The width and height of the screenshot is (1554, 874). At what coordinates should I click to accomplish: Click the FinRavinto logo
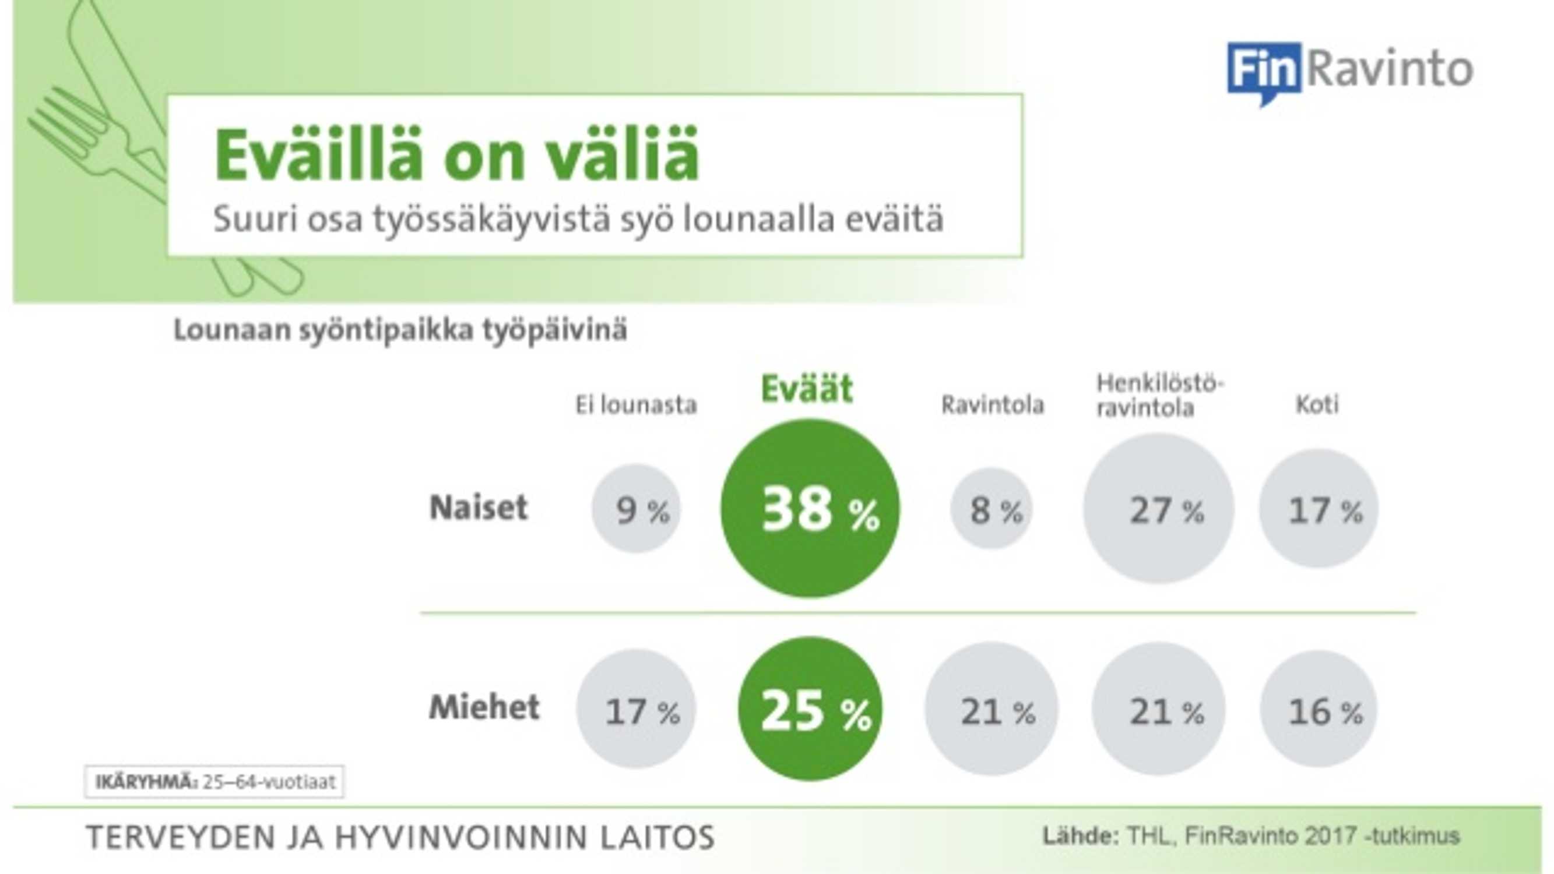click(x=1350, y=73)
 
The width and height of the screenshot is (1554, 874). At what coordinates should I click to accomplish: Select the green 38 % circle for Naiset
click(x=810, y=509)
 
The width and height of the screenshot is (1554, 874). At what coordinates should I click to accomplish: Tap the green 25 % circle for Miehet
click(x=810, y=709)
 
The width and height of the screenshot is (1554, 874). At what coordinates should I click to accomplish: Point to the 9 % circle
click(x=636, y=509)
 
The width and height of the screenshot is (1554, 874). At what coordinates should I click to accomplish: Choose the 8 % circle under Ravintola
click(x=992, y=509)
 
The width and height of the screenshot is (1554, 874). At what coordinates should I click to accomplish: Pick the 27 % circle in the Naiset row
click(x=1158, y=509)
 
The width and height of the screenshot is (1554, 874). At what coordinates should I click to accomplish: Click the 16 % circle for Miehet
click(x=1319, y=709)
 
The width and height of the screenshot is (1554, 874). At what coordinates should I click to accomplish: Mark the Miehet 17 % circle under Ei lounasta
click(x=636, y=709)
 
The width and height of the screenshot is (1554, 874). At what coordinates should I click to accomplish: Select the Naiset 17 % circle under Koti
click(x=1319, y=509)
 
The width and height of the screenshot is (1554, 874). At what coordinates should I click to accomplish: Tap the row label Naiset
click(x=479, y=508)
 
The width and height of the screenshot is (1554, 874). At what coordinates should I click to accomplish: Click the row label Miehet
click(x=484, y=707)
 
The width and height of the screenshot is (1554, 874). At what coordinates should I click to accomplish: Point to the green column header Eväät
click(x=807, y=389)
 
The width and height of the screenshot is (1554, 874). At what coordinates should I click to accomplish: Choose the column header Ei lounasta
click(x=636, y=405)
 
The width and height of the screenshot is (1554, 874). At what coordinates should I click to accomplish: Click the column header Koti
click(x=1317, y=404)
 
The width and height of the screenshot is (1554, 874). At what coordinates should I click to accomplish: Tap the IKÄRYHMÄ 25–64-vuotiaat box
click(x=214, y=783)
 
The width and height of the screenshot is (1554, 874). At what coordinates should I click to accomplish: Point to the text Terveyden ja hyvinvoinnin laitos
click(x=400, y=837)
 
